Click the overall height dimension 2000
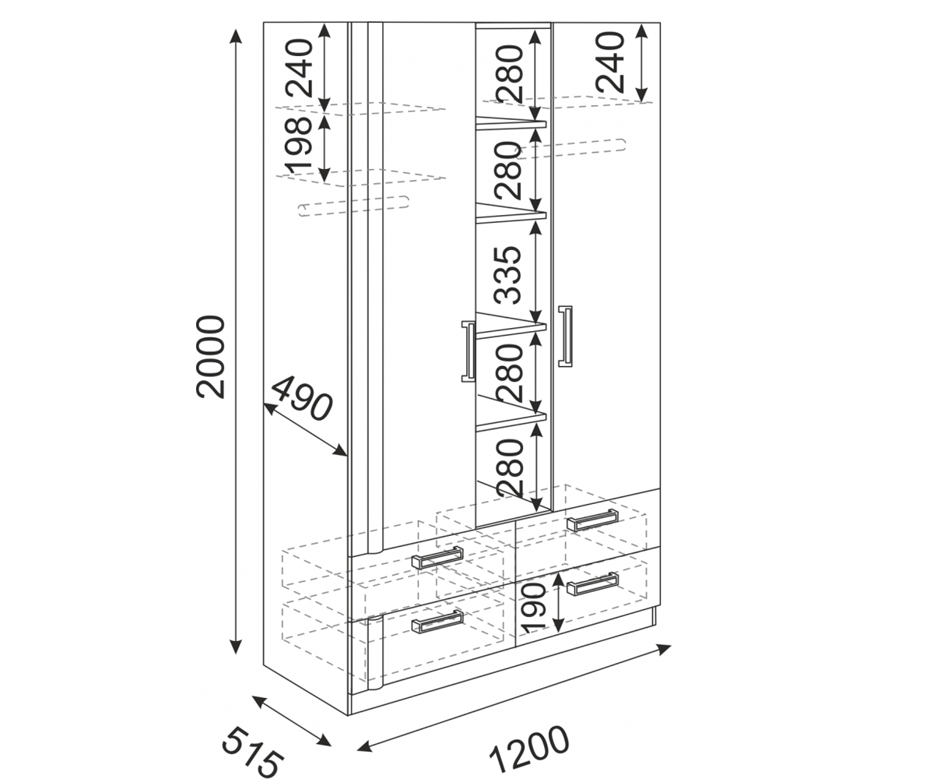tap(210, 357)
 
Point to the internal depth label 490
tap(301, 399)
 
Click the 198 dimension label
tap(298, 145)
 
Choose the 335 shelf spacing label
tap(507, 275)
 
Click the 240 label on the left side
tap(299, 68)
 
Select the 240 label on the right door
tap(609, 62)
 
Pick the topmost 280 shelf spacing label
tap(509, 74)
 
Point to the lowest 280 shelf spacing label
tap(509, 468)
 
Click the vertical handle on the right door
tap(565, 337)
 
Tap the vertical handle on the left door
tap(468, 351)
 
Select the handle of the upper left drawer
tap(437, 558)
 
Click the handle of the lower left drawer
tap(437, 622)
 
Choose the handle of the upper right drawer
tap(592, 520)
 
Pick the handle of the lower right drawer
tap(592, 583)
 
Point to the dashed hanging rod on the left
tap(353, 206)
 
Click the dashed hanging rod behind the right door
tap(571, 149)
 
